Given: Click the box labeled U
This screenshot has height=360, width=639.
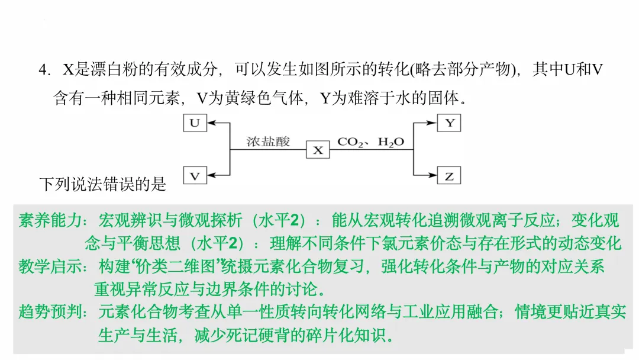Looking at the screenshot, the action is tap(195, 123).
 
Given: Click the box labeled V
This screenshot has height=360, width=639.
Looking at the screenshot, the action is tap(195, 175).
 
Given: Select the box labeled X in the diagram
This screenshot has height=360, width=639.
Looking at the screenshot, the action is tap(318, 150).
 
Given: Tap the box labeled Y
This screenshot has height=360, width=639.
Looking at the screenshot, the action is tap(449, 123).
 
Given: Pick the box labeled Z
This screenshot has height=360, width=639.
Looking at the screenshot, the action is tap(449, 175).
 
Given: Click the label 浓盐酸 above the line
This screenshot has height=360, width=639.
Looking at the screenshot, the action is tap(268, 142).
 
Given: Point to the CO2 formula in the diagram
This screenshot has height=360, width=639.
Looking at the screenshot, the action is tap(350, 142).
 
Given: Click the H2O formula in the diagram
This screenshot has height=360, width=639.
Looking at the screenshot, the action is tap(391, 142).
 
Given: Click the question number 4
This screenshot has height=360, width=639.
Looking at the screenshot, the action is tap(44, 70).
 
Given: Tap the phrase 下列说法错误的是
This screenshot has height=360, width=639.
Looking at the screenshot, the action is tap(103, 184).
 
